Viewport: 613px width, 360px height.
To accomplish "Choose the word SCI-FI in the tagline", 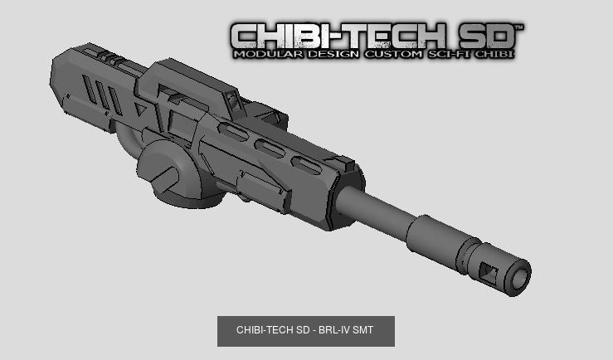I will [451, 55].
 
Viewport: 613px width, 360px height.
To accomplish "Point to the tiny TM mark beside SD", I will [519, 27].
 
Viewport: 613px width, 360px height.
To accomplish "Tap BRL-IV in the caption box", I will [334, 330].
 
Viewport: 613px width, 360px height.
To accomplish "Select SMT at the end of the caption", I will [363, 330].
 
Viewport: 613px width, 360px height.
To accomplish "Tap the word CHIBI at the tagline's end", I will [496, 55].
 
